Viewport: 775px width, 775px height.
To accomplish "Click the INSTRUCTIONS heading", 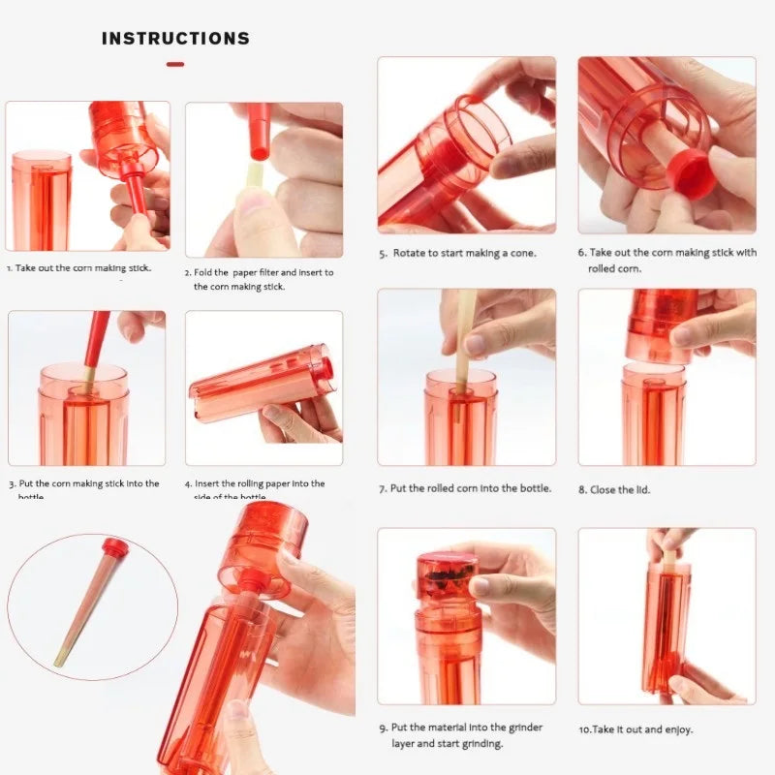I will pyautogui.click(x=175, y=39).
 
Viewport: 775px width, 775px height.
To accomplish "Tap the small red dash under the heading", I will pyautogui.click(x=175, y=65).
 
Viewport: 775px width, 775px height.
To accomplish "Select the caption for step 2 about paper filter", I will pyautogui.click(x=260, y=279).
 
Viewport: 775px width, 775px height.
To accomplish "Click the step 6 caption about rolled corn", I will pyautogui.click(x=667, y=260).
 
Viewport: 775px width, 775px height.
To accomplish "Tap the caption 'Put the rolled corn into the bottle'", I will pyautogui.click(x=465, y=488).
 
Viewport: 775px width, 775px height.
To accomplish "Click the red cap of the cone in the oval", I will pyautogui.click(x=116, y=548).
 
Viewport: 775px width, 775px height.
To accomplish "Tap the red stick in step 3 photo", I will pyautogui.click(x=98, y=339).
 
